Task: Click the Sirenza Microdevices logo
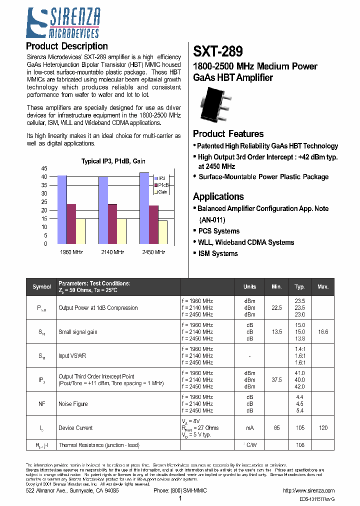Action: [62, 23]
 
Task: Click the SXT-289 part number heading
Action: [218, 51]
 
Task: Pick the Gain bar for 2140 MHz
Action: [121, 231]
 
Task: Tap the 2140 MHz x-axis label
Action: [112, 252]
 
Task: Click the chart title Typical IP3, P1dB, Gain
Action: [113, 161]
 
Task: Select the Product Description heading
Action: [66, 46]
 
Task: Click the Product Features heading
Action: [228, 134]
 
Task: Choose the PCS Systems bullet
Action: [219, 231]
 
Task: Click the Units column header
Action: [249, 287]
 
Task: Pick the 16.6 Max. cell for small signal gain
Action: [322, 332]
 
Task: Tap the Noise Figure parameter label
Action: [73, 404]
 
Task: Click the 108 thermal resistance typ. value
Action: [299, 445]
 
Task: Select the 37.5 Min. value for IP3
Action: [276, 380]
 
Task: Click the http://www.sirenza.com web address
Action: [308, 491]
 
